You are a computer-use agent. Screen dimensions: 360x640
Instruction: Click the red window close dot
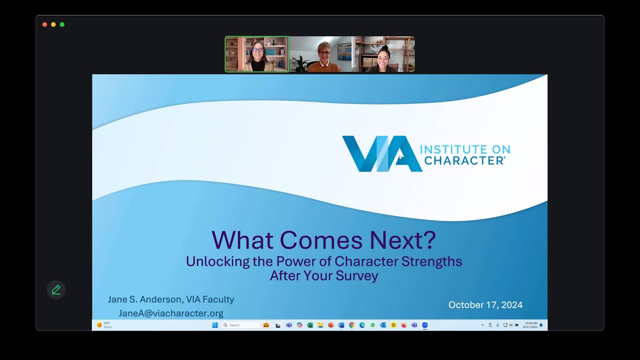click(45, 24)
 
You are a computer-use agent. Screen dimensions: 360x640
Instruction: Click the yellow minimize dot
click(53, 24)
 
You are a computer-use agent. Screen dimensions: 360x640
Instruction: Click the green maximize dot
click(62, 24)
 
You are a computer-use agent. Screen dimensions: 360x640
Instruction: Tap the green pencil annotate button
click(56, 289)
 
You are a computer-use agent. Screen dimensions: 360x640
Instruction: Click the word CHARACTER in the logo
click(463, 160)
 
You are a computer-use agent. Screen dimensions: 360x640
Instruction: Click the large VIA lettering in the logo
click(381, 154)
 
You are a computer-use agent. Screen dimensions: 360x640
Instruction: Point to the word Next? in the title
click(402, 240)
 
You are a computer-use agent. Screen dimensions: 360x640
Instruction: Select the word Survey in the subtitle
click(357, 275)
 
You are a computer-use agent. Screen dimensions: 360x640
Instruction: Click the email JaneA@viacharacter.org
click(171, 313)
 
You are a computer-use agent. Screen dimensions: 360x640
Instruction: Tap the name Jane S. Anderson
click(145, 299)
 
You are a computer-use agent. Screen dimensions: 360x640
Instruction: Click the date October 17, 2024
click(485, 305)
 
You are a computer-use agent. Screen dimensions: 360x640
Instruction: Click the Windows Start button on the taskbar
click(215, 325)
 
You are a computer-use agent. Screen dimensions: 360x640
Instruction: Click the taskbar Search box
click(241, 325)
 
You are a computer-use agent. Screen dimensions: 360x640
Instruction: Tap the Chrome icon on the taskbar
click(351, 325)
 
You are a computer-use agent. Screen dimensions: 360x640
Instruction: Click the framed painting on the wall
click(344, 50)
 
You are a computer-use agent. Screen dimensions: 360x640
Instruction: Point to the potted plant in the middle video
click(300, 64)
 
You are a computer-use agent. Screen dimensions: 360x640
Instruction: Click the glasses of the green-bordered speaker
click(257, 50)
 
